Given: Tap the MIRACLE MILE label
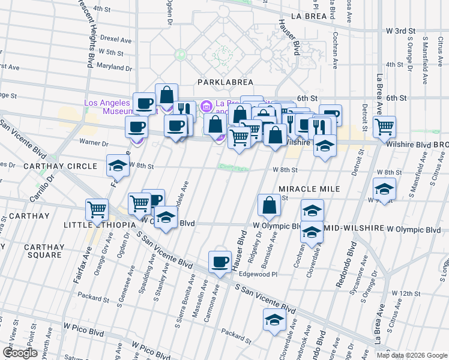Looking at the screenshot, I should tap(309, 189).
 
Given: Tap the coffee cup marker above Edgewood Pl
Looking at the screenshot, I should tap(219, 261).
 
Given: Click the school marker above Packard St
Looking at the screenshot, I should tap(274, 319).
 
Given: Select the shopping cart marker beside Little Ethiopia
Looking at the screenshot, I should tap(97, 209).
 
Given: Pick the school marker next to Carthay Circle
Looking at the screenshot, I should tap(118, 166).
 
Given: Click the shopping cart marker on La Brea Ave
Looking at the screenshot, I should tap(384, 127).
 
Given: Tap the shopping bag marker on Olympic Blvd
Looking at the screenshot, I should tap(269, 205).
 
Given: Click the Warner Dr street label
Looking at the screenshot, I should tap(94, 143).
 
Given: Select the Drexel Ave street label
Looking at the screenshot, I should tap(116, 39).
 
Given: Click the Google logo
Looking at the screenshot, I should tap(20, 352).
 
